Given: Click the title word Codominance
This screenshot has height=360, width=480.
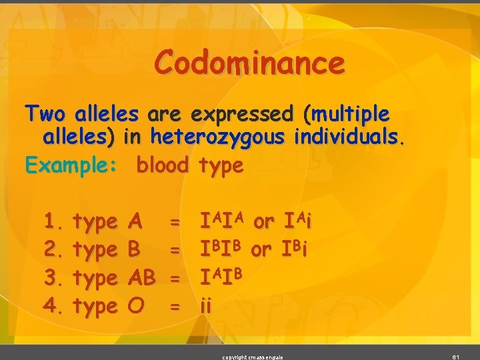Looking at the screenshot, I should tap(250, 64).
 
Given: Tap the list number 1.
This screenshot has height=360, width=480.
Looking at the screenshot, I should tap(51, 221).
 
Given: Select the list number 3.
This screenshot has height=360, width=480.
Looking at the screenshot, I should tap(51, 277).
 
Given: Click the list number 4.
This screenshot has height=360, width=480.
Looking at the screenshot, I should tap(51, 305).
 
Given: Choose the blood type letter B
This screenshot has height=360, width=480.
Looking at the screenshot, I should tap(133, 249).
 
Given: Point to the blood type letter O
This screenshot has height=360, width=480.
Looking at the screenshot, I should tap(134, 305).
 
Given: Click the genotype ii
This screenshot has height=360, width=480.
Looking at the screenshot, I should tap(206, 305).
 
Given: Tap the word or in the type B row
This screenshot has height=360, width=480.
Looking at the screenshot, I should tap(261, 249).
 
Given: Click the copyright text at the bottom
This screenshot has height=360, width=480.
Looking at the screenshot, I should tap(253, 357).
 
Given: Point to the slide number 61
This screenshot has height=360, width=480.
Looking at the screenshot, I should tap(456, 357).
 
